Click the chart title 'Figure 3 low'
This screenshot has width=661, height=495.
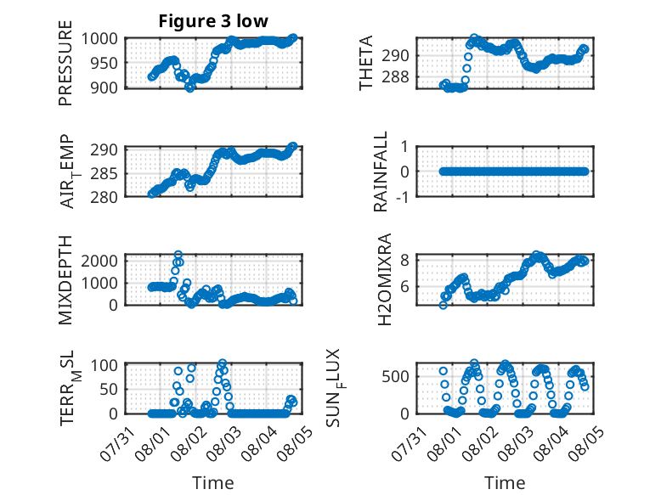pyautogui.click(x=213, y=21)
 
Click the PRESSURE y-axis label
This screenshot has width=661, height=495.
pyautogui.click(x=65, y=63)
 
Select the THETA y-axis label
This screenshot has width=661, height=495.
pyautogui.click(x=366, y=63)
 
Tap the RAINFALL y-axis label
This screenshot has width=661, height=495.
pyautogui.click(x=381, y=172)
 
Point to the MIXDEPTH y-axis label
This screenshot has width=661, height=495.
pyautogui.click(x=65, y=280)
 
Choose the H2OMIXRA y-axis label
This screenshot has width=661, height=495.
pyautogui.click(x=385, y=279)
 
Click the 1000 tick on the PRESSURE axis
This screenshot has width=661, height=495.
pyautogui.click(x=99, y=39)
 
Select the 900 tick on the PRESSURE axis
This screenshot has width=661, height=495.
pyautogui.click(x=105, y=87)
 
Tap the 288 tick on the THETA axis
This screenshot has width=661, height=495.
pyautogui.click(x=395, y=77)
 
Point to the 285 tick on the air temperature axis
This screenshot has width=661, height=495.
pyautogui.click(x=105, y=173)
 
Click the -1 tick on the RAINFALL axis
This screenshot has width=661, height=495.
pyautogui.click(x=402, y=196)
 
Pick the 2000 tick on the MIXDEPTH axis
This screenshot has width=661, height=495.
pyautogui.click(x=99, y=261)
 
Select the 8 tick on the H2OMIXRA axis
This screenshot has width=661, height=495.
pyautogui.click(x=404, y=260)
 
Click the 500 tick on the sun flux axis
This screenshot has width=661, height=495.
pyautogui.click(x=395, y=376)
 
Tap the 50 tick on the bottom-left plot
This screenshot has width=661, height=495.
pyautogui.click(x=109, y=389)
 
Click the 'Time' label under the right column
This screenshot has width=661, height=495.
pyautogui.click(x=505, y=483)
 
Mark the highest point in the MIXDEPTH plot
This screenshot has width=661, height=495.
pyautogui.click(x=178, y=255)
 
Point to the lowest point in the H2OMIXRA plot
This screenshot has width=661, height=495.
pyautogui.click(x=443, y=305)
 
